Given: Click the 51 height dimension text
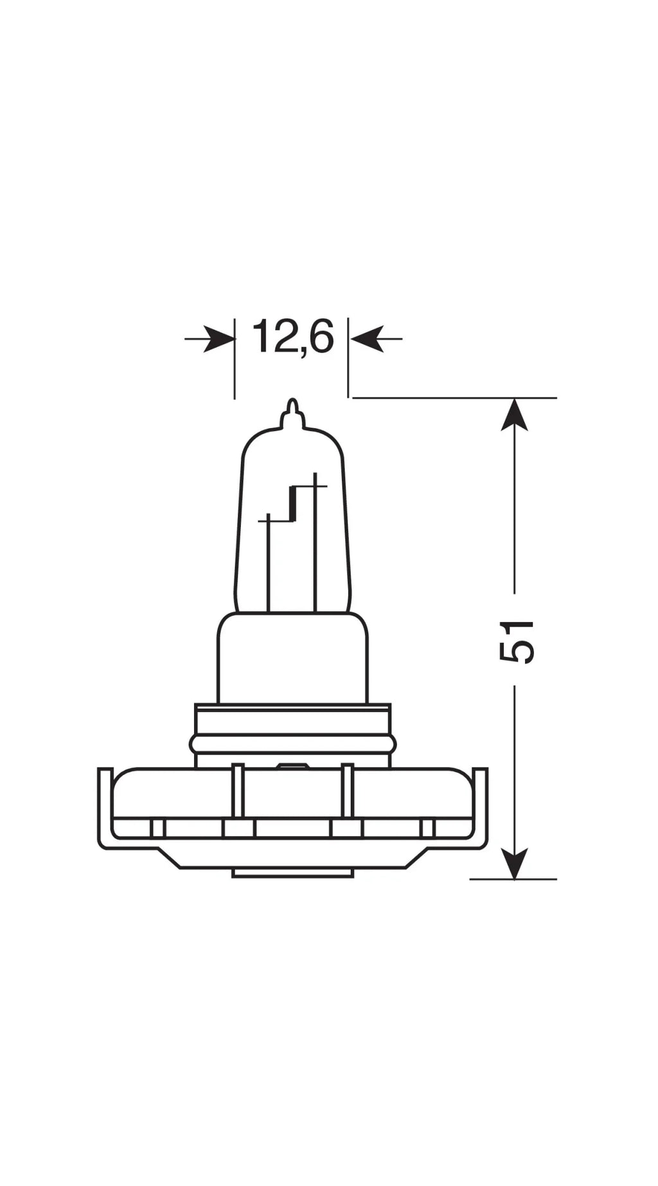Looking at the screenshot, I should [x=516, y=641].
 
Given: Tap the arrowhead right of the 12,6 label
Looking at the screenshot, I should [x=367, y=338].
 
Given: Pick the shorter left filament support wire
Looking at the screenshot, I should [x=268, y=565].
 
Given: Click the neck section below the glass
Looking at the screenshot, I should [x=292, y=658].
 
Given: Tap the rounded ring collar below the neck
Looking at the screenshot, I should [x=292, y=744].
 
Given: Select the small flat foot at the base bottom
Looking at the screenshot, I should [x=292, y=873].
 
